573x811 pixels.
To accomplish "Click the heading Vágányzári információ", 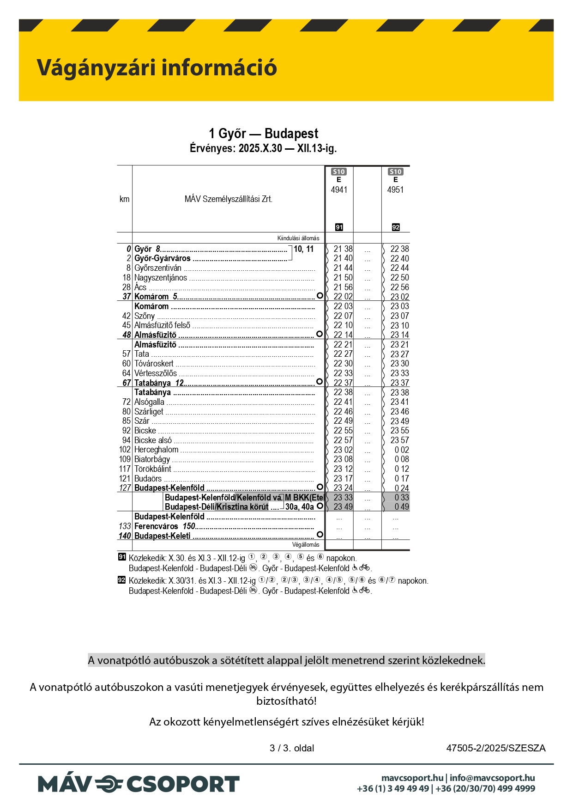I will tap(157, 67).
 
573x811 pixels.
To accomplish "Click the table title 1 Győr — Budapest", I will tap(263, 134).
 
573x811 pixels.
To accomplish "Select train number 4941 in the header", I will tap(339, 190).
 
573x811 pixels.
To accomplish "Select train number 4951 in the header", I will tap(395, 190).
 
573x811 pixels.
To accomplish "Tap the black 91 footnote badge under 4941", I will tap(339, 227).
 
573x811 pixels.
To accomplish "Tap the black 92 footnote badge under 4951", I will tap(396, 227).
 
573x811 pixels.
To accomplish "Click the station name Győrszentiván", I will tap(158, 268).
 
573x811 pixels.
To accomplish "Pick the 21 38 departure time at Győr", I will tap(343, 249).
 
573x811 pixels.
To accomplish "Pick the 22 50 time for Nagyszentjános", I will tap(399, 278).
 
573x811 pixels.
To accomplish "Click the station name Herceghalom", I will tap(156, 450).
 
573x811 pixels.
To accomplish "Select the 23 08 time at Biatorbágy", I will tap(343, 459).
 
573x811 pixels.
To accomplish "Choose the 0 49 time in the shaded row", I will tap(402, 507).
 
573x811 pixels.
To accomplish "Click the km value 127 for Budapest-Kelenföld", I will tap(125, 488).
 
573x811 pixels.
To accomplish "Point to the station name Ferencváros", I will tap(156, 526).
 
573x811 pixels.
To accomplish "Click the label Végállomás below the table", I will tap(305, 545).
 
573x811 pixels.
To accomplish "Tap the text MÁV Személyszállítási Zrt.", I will tap(228, 199).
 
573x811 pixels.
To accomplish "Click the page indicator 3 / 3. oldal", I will tap(292, 748).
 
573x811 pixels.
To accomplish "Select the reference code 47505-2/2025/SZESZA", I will tap(495, 748).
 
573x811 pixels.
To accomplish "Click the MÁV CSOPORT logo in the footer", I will tap(139, 784).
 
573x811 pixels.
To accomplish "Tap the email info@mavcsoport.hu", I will tap(492, 778).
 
